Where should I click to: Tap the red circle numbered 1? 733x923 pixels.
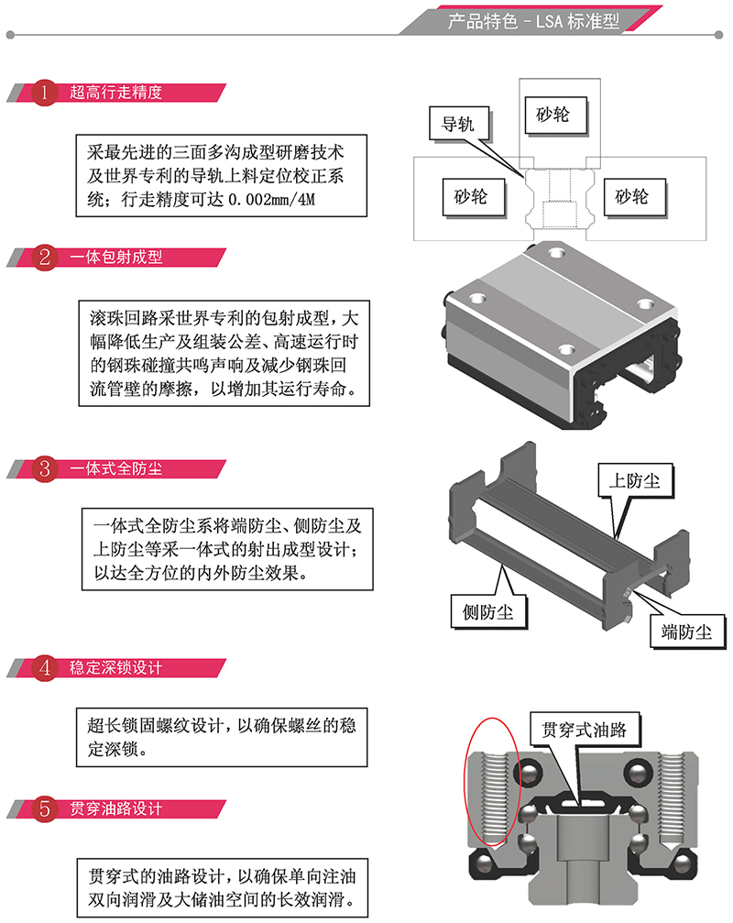(x=45, y=93)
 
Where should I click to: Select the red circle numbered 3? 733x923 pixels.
(x=45, y=469)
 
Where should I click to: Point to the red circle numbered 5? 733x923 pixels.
(x=45, y=809)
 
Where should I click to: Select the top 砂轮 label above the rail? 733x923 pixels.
(x=552, y=115)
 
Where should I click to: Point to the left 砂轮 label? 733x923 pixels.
(x=470, y=196)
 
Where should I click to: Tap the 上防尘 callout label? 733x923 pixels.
(x=635, y=479)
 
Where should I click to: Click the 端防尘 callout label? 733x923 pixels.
(x=686, y=631)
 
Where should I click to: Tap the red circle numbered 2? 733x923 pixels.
(x=45, y=258)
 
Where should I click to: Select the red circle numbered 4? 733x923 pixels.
(x=45, y=668)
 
